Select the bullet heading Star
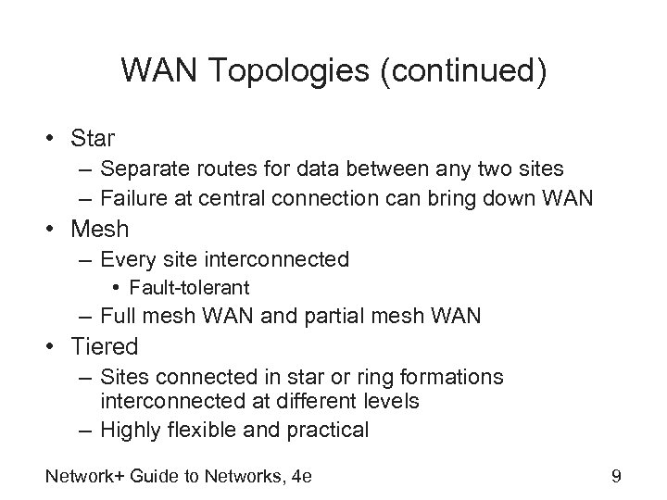point(93,139)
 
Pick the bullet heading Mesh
point(98,228)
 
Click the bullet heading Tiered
point(104,347)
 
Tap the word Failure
point(135,197)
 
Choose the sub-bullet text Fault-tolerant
point(190,288)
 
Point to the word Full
point(118,316)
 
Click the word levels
point(393,403)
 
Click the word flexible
point(214,430)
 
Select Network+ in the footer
point(77,476)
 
